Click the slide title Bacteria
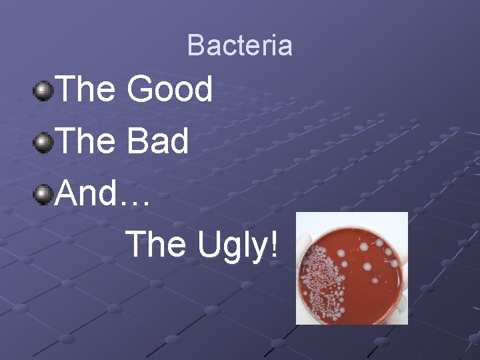239,45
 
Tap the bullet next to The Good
44,90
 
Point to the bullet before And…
44,195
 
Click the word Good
170,89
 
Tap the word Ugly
231,245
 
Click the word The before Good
87,89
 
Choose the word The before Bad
87,142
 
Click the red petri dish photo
351,268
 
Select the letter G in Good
140,89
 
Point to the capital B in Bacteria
196,45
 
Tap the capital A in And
68,194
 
